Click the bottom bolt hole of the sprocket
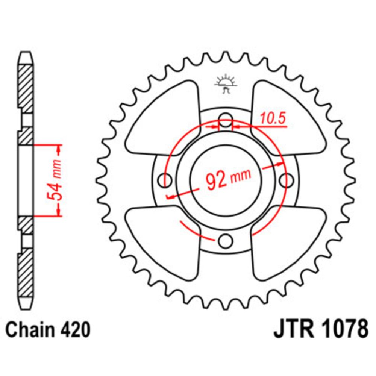pos(226,240)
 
